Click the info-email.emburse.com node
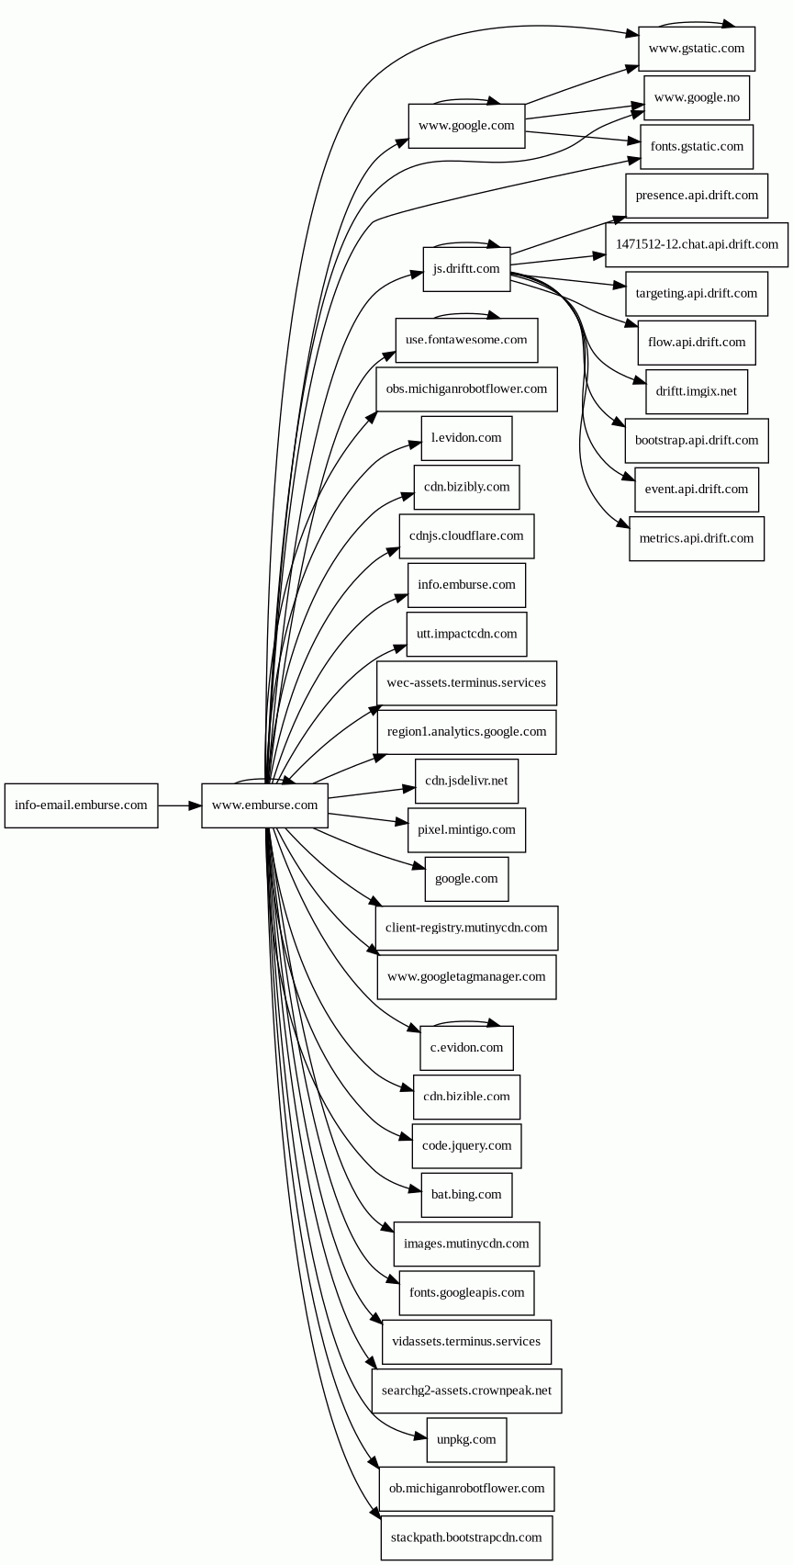(x=81, y=805)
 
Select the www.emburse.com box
(x=264, y=805)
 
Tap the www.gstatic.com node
(x=697, y=49)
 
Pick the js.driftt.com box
(x=466, y=269)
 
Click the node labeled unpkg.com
(x=466, y=1439)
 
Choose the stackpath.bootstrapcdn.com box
(x=466, y=1537)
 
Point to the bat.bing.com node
(x=466, y=1195)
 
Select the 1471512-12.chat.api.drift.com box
(x=697, y=244)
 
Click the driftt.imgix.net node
(x=697, y=391)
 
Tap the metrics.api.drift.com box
(x=697, y=538)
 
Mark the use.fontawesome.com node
(x=466, y=340)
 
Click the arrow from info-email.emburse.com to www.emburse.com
(x=180, y=805)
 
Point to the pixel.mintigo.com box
(x=466, y=829)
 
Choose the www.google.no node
(x=697, y=97)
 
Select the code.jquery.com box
(x=466, y=1145)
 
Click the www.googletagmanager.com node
(x=466, y=976)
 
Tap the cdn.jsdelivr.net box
(x=466, y=781)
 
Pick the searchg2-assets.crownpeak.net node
(x=466, y=1390)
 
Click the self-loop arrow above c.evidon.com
(x=466, y=1022)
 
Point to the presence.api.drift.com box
(x=697, y=195)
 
